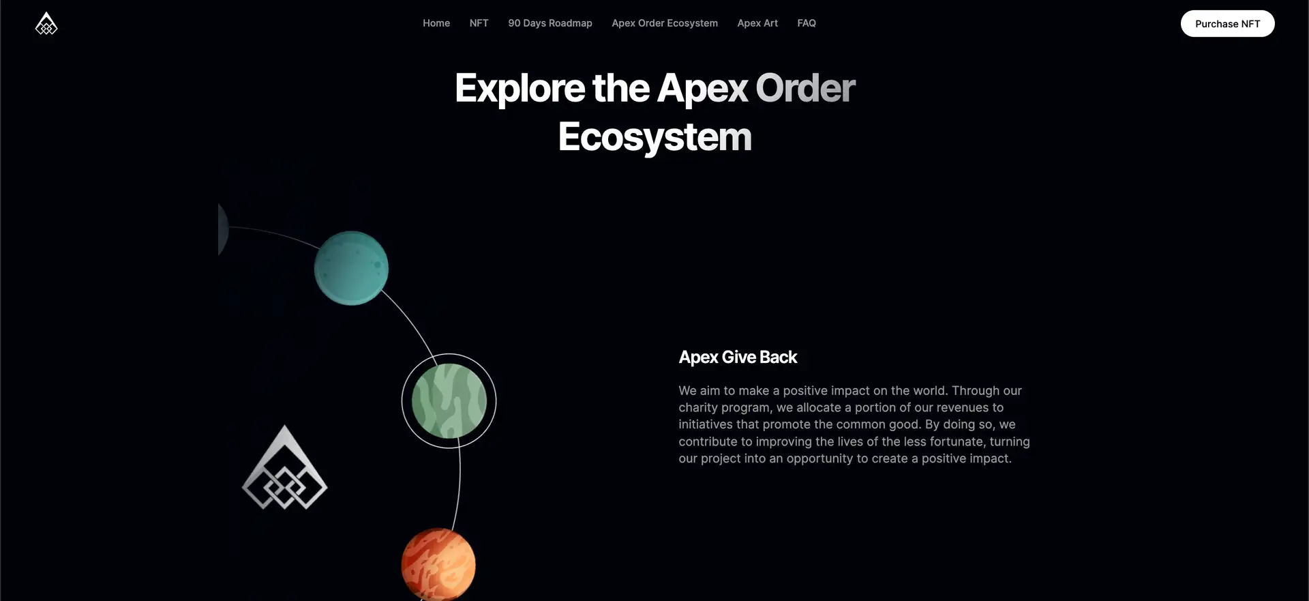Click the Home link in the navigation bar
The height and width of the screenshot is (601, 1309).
pos(436,23)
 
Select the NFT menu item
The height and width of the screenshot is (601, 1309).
pos(479,23)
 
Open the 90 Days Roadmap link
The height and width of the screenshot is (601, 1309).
pos(550,23)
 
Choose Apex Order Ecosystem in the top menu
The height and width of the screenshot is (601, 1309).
pos(665,23)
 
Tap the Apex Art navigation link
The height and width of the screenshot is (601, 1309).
pos(757,23)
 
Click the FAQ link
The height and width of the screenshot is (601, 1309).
pos(807,23)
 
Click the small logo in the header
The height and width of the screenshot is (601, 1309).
pos(46,23)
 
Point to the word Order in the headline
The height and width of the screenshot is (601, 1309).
pos(805,88)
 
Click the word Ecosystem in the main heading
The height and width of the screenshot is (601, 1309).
pos(654,137)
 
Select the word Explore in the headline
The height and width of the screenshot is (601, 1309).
pos(520,89)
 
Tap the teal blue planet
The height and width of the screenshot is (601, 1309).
pos(351,268)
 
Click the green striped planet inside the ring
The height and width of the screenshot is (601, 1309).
pos(449,401)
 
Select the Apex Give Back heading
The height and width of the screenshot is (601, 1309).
pos(738,357)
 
